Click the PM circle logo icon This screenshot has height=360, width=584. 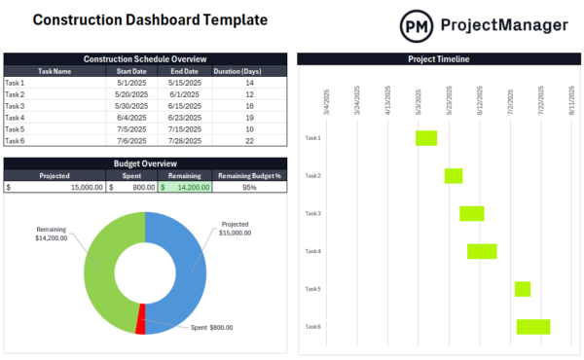click(419, 25)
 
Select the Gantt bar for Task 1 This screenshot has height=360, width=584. click(426, 138)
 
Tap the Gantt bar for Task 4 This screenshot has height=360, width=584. click(482, 251)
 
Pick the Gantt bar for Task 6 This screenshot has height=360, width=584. click(533, 327)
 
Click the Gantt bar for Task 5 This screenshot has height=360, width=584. click(523, 289)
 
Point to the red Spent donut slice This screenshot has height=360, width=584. click(141, 319)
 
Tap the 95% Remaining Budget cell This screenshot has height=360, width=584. click(249, 187)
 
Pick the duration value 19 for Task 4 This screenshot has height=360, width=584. click(249, 118)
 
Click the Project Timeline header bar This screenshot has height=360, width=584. click(438, 59)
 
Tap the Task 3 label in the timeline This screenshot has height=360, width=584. click(312, 213)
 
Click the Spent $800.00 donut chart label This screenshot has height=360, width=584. click(212, 328)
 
